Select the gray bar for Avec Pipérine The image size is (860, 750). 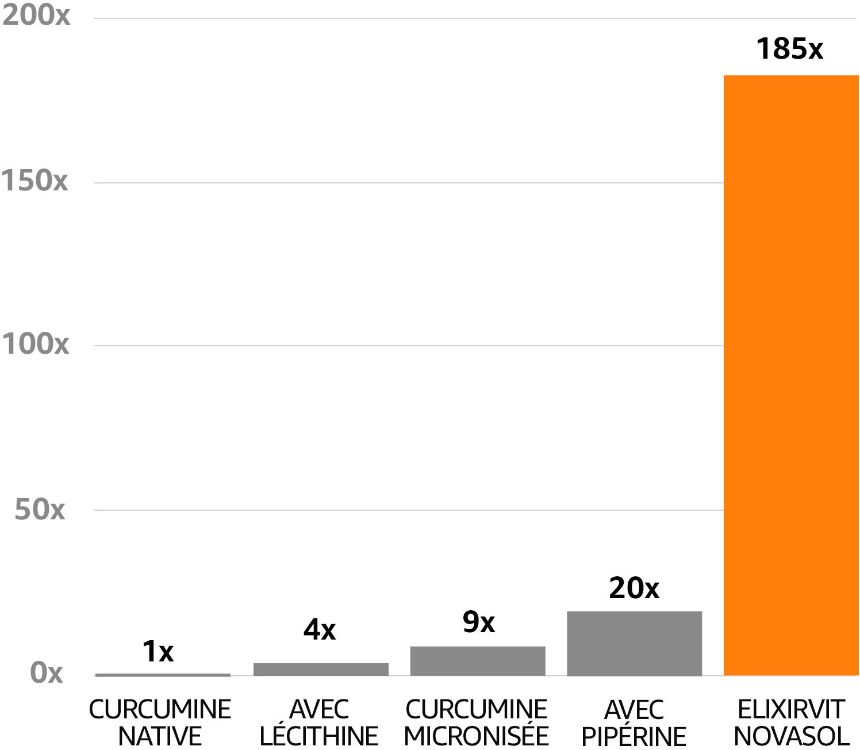click(634, 643)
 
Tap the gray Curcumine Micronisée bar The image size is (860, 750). click(477, 661)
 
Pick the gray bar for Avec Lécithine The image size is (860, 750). click(321, 669)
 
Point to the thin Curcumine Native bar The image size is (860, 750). click(163, 675)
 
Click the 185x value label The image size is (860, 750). click(789, 49)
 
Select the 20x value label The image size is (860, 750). click(634, 588)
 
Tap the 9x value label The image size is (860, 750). click(478, 622)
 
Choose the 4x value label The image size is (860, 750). click(320, 630)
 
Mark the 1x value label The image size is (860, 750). click(158, 652)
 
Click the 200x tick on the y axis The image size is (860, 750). click(36, 15)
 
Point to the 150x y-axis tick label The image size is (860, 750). click(34, 181)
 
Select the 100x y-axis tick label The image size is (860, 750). click(35, 344)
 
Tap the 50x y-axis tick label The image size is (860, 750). click(40, 509)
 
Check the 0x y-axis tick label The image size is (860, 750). click(46, 672)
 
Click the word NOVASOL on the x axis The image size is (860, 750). click(792, 736)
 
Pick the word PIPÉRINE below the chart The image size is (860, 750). click(634, 736)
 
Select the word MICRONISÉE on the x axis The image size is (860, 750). click(477, 736)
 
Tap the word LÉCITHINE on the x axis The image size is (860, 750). click(319, 736)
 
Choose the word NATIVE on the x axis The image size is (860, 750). click(160, 736)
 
